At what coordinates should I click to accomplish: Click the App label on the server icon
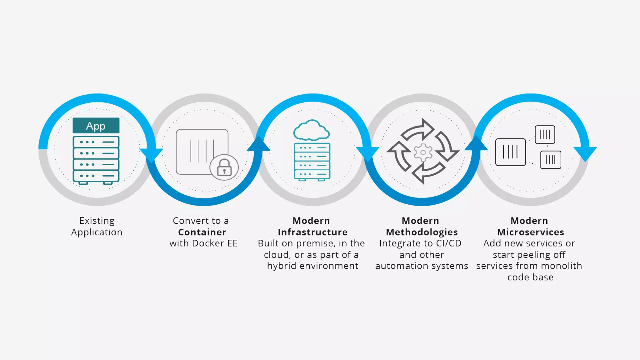pos(96,126)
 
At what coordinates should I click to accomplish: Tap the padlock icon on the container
pos(224,167)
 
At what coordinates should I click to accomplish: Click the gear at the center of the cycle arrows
pos(423,152)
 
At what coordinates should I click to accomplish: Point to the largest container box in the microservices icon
pos(510,152)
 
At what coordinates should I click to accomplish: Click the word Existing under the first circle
pos(97,221)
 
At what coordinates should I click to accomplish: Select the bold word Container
pos(202,232)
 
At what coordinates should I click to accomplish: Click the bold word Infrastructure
pos(312,232)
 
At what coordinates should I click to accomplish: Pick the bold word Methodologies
pos(422,232)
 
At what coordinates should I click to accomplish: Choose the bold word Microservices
pos(530,232)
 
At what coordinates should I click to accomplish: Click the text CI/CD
pos(448,243)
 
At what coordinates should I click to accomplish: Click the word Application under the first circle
pos(97,232)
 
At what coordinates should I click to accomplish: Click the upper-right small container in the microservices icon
pos(545,134)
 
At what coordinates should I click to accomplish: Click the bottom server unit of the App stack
pos(96,176)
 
